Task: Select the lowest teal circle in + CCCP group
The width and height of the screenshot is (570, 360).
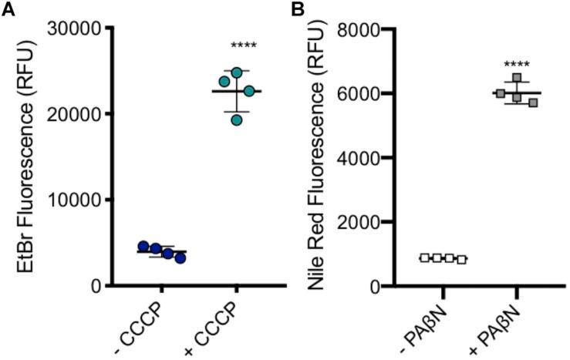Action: (237, 119)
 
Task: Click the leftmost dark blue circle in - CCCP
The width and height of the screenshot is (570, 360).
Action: (143, 246)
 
